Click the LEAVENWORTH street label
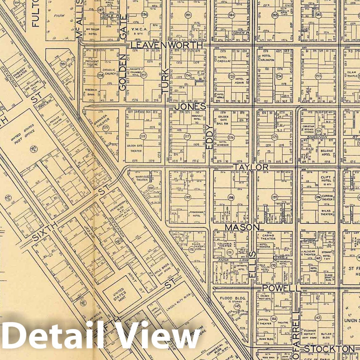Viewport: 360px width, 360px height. tap(167, 45)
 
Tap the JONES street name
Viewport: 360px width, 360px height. tap(190, 107)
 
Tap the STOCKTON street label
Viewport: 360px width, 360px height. tap(329, 349)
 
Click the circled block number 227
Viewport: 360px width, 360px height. tap(188, 137)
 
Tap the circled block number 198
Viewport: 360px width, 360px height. tap(231, 198)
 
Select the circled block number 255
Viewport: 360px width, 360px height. tap(232, 76)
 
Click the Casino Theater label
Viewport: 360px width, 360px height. tap(268, 237)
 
